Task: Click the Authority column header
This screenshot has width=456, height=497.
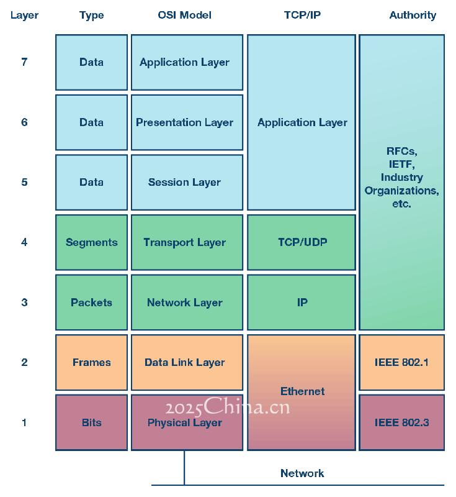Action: point(413,15)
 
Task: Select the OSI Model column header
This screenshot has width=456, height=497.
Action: point(184,15)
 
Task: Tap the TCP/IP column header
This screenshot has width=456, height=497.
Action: point(302,15)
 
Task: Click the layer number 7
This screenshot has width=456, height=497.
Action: point(24,62)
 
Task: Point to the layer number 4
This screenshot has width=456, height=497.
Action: point(24,242)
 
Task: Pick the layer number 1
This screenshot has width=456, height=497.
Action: point(24,422)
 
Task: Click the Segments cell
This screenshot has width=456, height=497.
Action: point(91,242)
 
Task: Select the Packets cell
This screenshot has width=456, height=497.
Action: point(91,302)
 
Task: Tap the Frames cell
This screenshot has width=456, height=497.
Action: point(91,362)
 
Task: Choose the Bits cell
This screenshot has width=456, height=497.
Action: point(91,422)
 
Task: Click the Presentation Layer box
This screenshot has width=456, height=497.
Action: point(187,122)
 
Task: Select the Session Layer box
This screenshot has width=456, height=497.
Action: point(187,182)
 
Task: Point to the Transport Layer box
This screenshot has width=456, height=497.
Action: point(187,242)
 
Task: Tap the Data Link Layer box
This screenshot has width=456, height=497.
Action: point(187,362)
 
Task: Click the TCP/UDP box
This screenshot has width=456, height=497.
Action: point(302,242)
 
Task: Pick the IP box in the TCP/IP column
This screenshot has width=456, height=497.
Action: point(302,302)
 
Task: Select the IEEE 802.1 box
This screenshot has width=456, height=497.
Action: point(401,362)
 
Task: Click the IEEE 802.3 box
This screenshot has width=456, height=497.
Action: point(401,422)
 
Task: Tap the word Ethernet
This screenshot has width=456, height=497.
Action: point(302,391)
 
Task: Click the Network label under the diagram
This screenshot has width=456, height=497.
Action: point(302,473)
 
